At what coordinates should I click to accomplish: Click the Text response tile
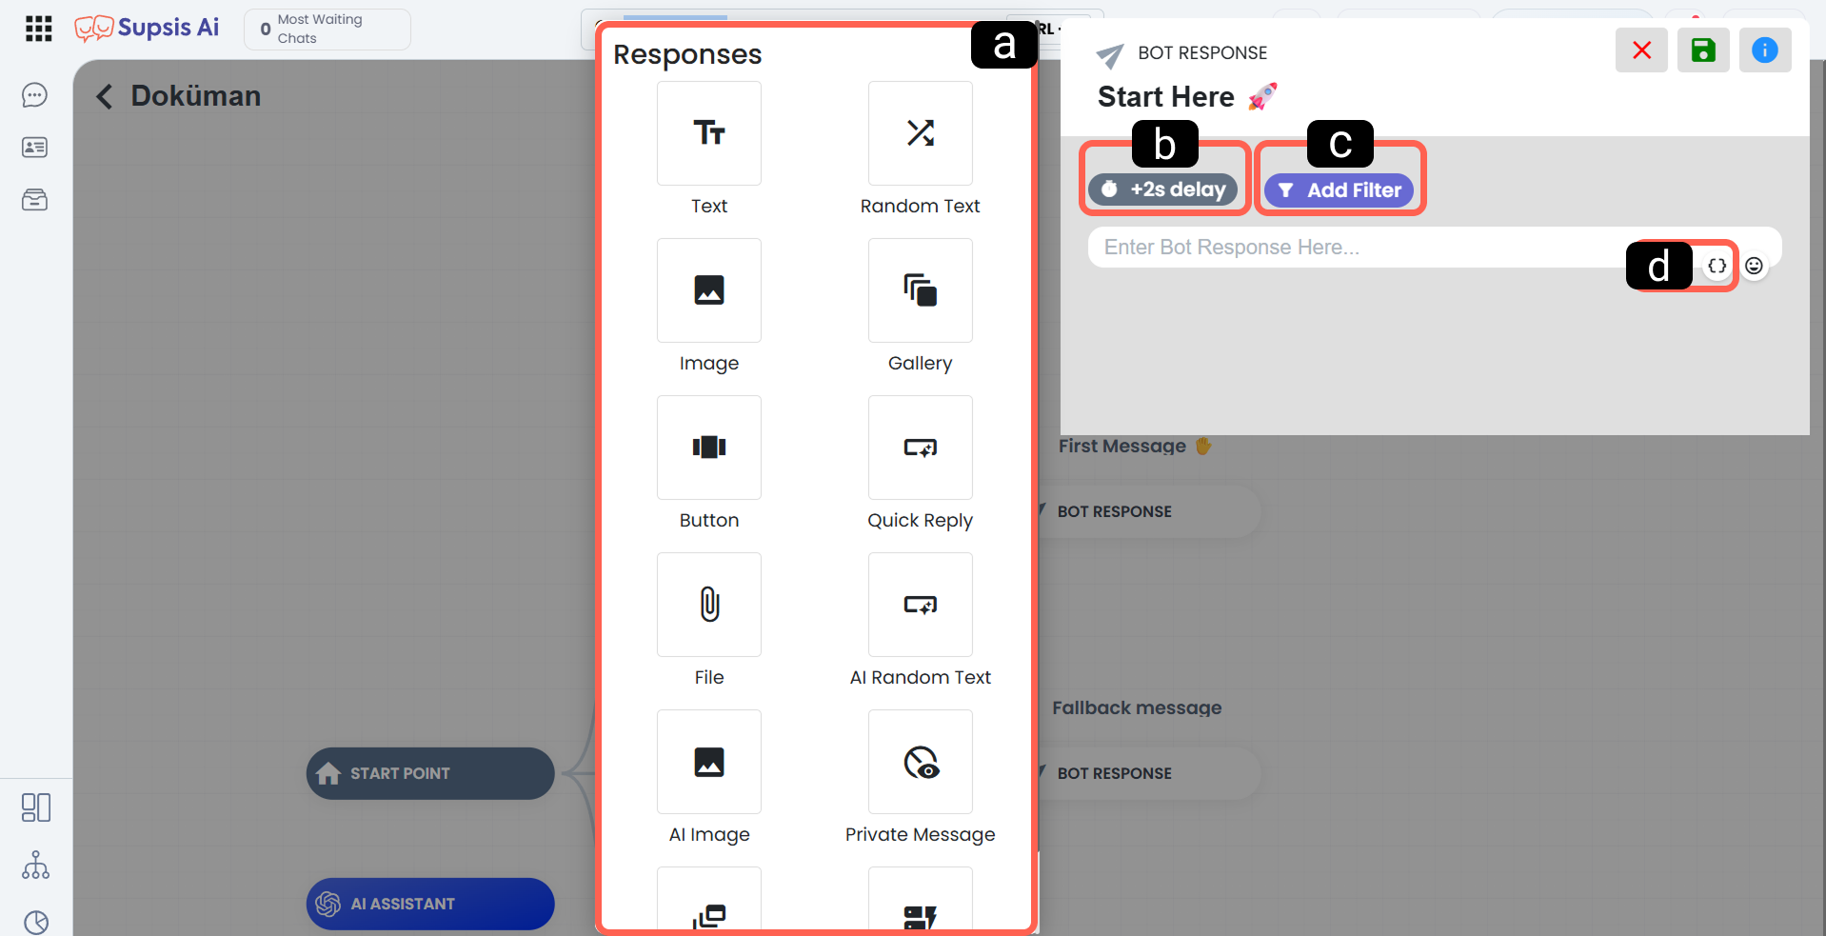708,133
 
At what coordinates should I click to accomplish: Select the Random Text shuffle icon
920,133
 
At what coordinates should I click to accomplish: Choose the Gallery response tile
920,290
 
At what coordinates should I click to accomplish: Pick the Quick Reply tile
920,448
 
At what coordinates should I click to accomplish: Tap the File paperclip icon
709,605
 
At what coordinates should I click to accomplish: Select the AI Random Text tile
920,605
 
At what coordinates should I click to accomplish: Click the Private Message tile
920,762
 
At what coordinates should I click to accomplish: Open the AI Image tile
708,762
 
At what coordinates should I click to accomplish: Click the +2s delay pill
1163,189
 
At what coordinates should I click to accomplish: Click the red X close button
1641,50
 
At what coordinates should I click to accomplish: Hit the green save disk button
1703,50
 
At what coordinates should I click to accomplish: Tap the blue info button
1765,50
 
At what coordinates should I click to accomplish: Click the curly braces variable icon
1717,266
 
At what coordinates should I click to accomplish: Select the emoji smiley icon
1754,266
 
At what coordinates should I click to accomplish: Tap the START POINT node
430,773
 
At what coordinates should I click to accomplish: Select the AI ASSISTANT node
430,904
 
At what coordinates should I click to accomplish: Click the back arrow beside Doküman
105,96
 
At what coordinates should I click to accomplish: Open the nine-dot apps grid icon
39,29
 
